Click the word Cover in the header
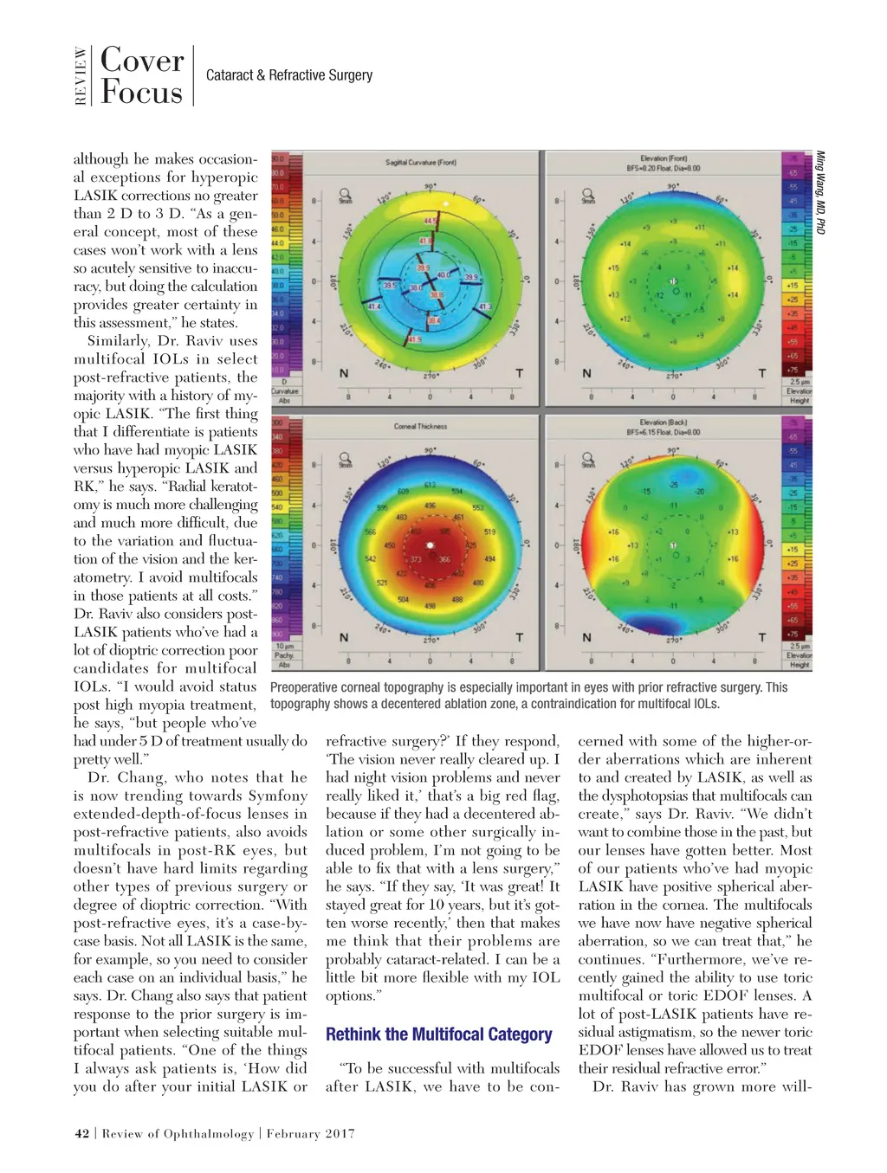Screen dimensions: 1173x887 tap(142, 61)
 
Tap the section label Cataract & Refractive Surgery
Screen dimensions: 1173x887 tap(288, 75)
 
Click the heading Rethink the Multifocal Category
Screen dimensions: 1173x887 tap(438, 1034)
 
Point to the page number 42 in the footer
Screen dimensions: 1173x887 tap(81, 1133)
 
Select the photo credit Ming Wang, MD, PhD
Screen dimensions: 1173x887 tap(819, 191)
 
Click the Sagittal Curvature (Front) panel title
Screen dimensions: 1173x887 tap(421, 162)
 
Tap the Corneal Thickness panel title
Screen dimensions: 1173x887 tap(420, 426)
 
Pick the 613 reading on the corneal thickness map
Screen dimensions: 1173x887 tap(430, 486)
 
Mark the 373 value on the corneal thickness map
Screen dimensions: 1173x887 tap(417, 560)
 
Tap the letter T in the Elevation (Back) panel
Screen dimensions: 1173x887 tap(762, 638)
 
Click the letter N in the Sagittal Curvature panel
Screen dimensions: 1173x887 tap(344, 373)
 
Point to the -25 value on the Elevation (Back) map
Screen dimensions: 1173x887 tap(673, 485)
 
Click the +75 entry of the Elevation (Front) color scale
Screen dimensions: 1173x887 tap(792, 369)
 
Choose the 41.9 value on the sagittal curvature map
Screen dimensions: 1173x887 tap(415, 339)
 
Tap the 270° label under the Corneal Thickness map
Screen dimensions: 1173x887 tap(431, 641)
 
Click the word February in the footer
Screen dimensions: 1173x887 tap(295, 1133)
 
